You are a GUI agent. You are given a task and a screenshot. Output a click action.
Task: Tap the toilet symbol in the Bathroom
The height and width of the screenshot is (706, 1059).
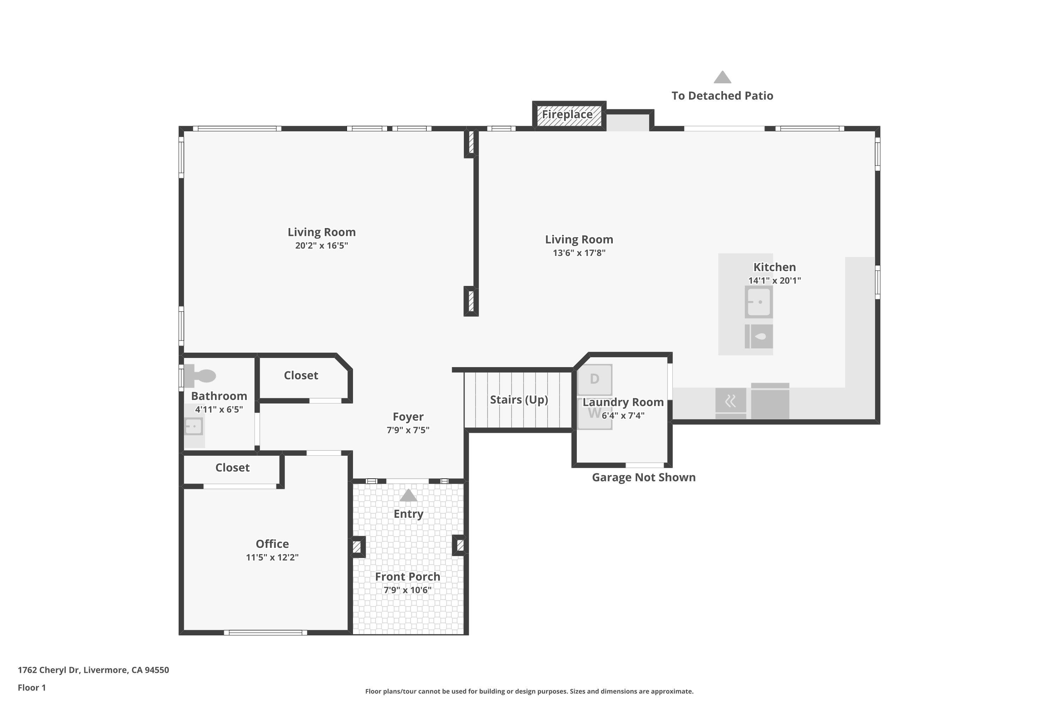(x=201, y=376)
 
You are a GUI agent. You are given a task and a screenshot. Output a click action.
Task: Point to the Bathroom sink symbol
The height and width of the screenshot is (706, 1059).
(x=193, y=426)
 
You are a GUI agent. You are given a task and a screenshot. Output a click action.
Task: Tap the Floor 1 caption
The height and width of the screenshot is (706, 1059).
(x=31, y=688)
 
